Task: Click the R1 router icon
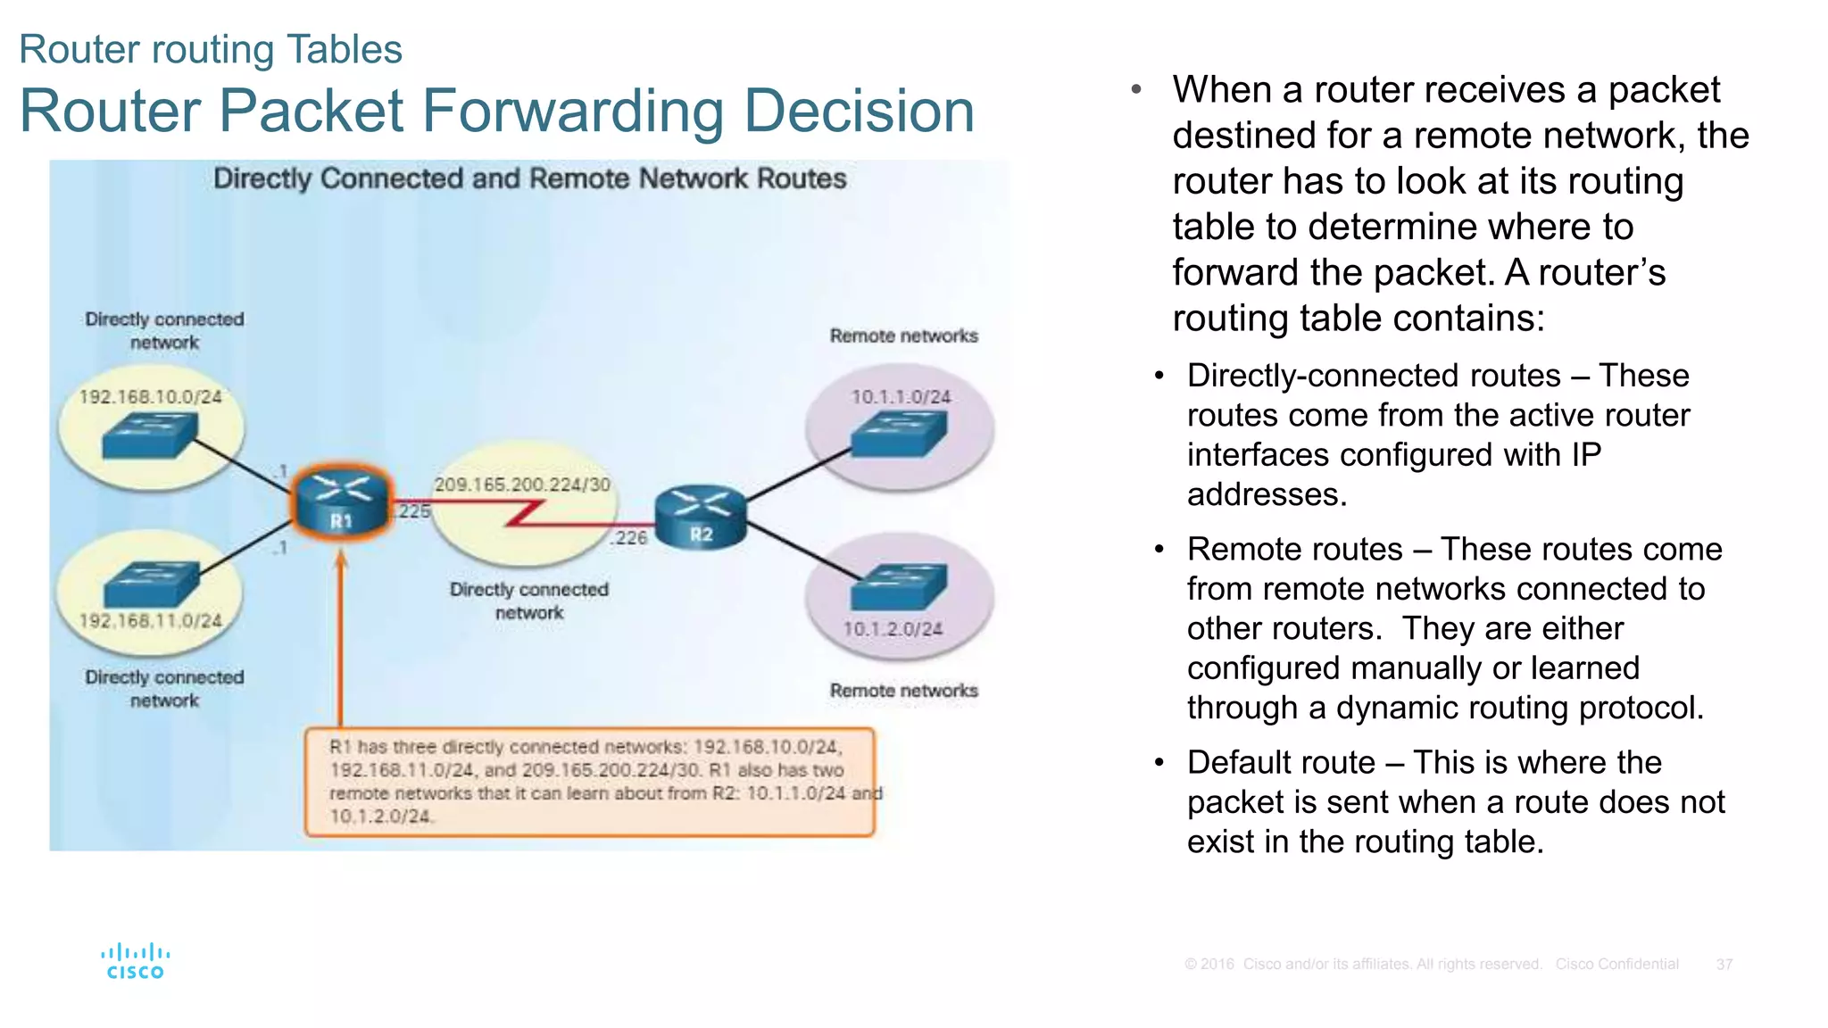click(341, 502)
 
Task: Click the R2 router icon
click(701, 516)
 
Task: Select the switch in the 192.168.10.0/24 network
click(149, 435)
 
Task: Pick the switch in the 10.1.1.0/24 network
click(898, 435)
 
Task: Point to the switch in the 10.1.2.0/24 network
click(898, 586)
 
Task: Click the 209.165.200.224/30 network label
click(522, 485)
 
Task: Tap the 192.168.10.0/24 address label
click(150, 396)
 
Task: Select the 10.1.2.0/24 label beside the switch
click(893, 629)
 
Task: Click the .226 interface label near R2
click(630, 537)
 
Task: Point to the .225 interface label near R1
click(414, 511)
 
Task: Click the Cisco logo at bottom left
click(135, 961)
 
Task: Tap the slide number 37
click(1724, 965)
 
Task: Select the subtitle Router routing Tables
click(211, 49)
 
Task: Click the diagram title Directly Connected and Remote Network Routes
click(529, 178)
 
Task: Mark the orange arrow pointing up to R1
click(340, 642)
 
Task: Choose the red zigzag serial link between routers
click(527, 513)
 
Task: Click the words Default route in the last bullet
click(1281, 763)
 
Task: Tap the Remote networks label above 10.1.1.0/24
click(903, 336)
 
